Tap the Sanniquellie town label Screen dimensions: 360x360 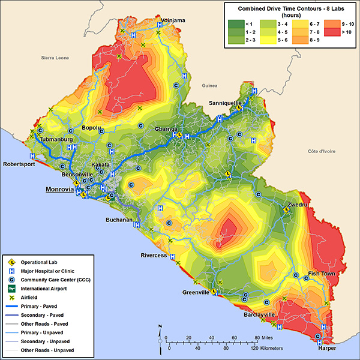click(225, 103)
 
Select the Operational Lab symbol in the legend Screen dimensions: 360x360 click(11, 262)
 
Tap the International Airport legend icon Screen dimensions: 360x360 click(11, 289)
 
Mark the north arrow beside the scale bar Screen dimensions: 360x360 click(160, 337)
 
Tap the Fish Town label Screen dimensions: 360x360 click(321, 274)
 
